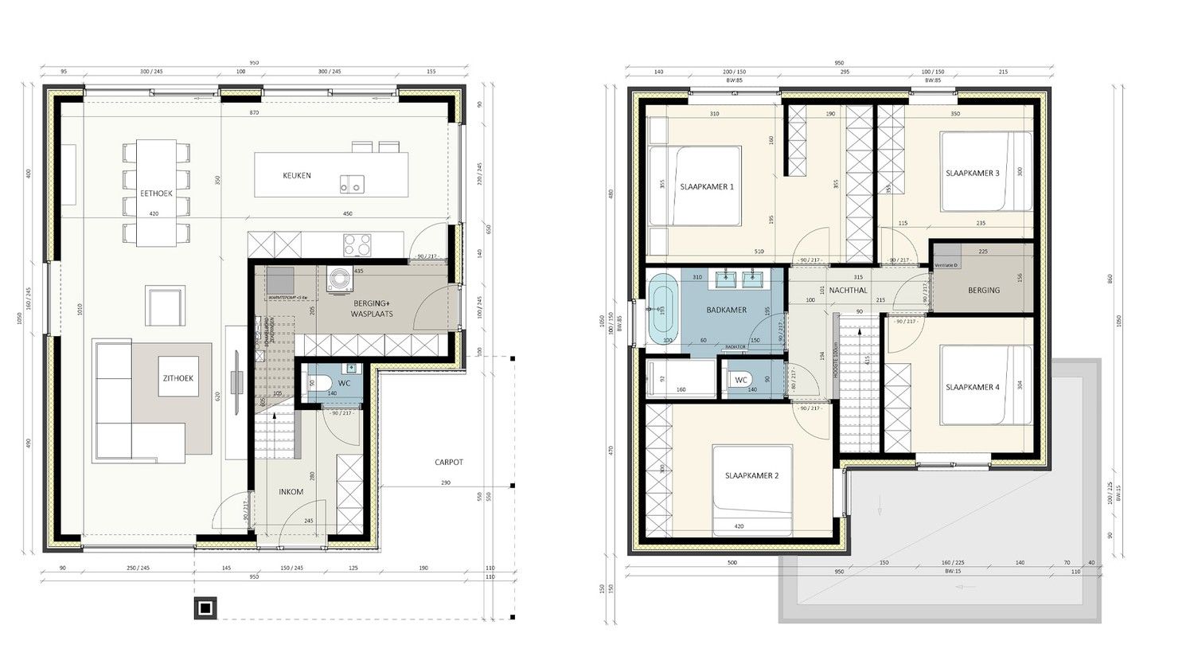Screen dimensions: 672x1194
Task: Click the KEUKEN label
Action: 297,175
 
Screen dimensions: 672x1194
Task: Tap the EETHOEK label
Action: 156,193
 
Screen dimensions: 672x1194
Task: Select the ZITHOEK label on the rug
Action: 178,379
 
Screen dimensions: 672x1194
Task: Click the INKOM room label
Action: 291,492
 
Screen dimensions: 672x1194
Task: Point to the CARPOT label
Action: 448,462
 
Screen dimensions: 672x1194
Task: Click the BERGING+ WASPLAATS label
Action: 373,308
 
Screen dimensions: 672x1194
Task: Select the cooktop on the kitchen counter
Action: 357,244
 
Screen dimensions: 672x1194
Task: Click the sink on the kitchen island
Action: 350,183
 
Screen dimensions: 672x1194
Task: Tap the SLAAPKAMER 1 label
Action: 706,186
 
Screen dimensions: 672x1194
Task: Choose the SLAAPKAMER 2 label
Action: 751,475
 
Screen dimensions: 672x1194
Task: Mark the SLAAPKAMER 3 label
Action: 972,173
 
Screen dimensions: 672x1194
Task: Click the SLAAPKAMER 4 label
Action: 972,387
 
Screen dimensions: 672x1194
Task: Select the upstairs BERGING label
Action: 984,290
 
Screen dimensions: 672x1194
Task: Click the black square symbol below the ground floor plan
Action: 205,608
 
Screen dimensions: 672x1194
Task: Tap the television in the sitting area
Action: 236,382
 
